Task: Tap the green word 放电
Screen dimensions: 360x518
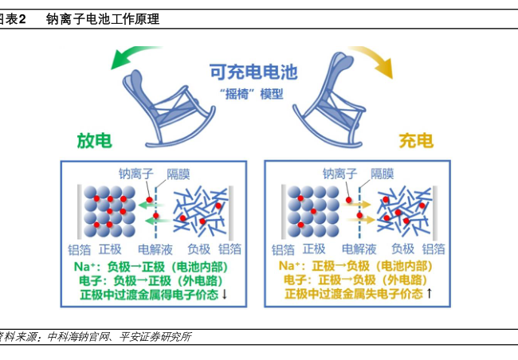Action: [94, 141]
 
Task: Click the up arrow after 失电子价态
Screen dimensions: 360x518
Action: [430, 294]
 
